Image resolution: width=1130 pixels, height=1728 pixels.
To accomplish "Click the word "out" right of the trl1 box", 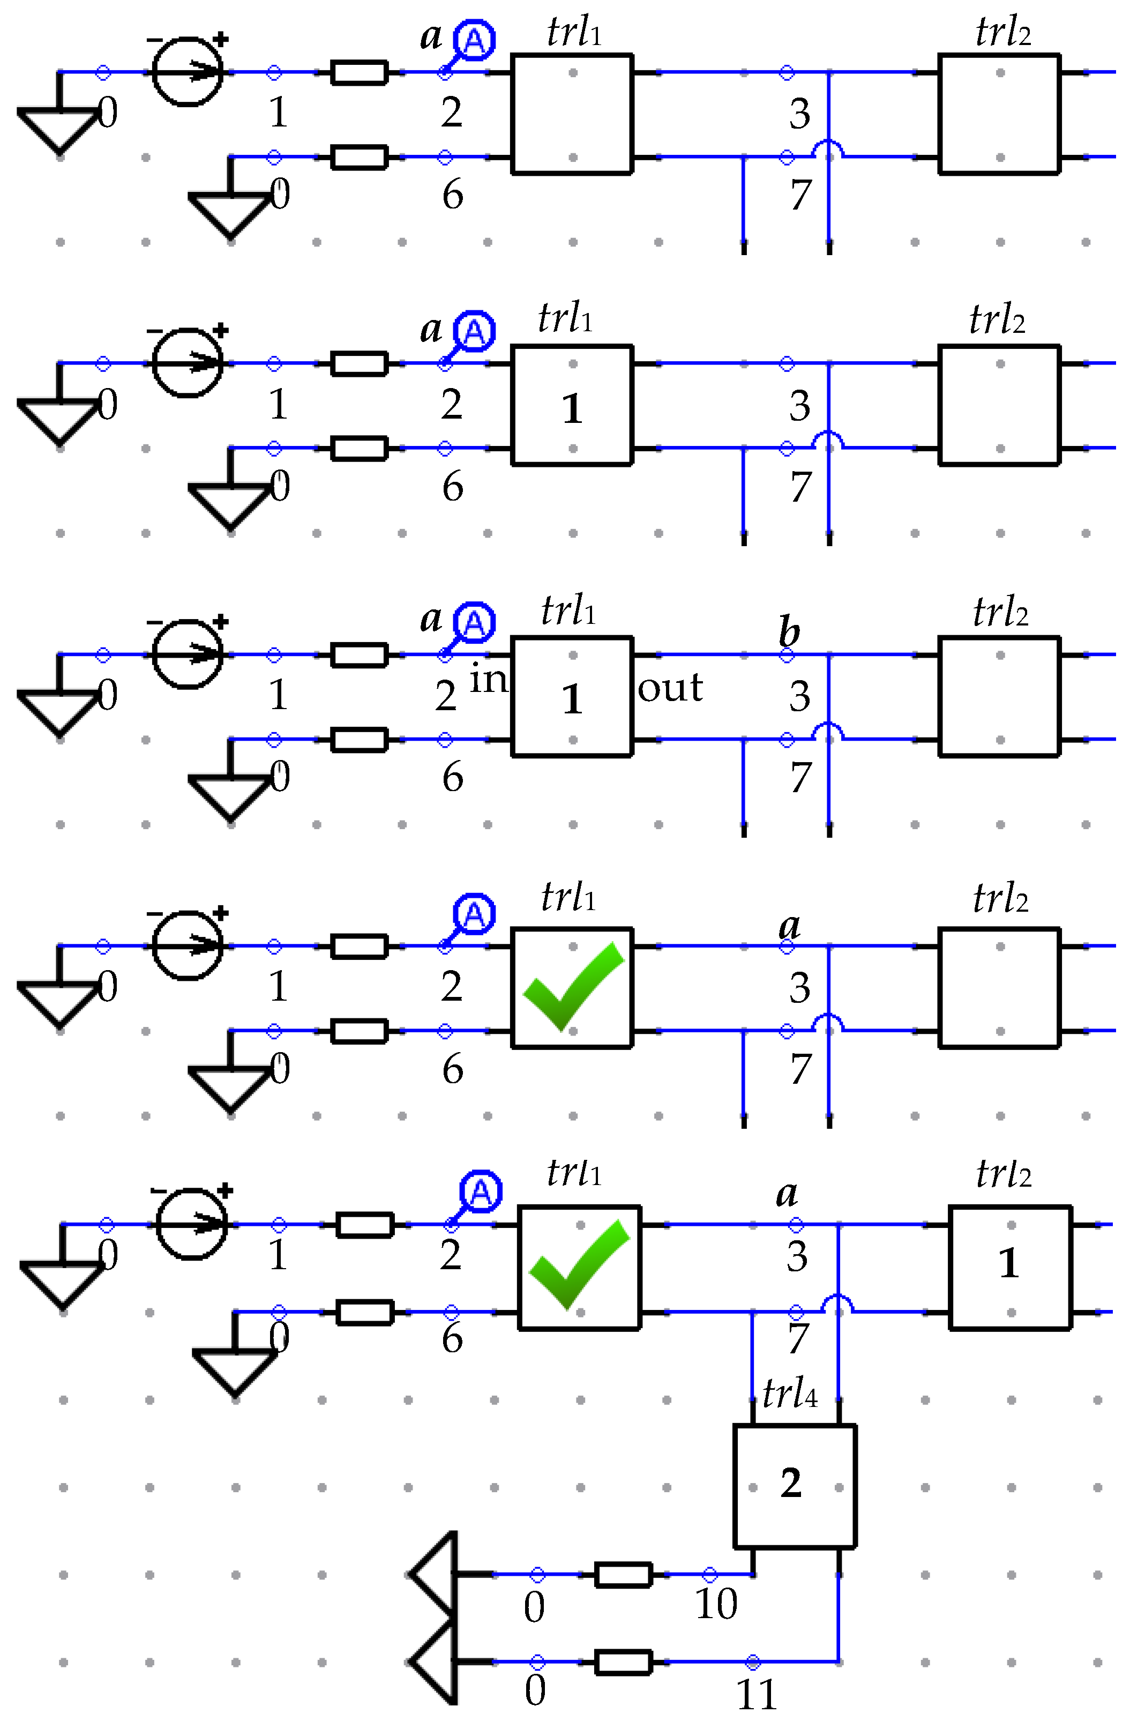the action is coord(670,687).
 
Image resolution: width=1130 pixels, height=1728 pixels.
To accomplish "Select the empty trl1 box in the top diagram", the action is coord(572,114).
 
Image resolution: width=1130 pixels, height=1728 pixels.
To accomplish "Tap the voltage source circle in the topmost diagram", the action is coord(187,71).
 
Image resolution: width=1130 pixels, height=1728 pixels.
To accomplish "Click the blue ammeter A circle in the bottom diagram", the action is coord(481,1191).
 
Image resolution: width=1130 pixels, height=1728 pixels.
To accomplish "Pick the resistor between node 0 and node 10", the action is coord(623,1574).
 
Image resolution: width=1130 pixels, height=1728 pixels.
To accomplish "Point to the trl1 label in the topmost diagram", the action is coord(574,32).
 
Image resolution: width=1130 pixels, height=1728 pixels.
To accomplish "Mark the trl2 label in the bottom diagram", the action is coord(1004,1173).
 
